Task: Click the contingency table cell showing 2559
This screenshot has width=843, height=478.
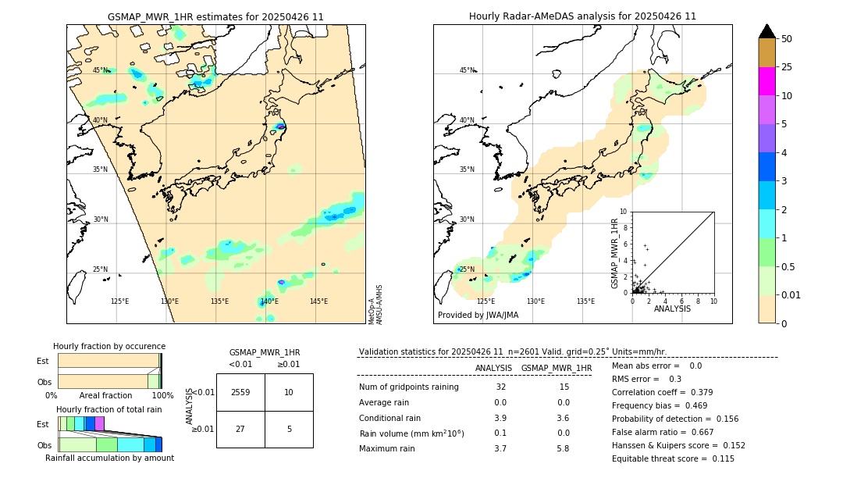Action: point(240,392)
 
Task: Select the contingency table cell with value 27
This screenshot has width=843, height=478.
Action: point(240,428)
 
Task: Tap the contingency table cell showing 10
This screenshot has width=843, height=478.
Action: point(289,392)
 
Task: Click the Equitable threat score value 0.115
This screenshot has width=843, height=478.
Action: point(722,458)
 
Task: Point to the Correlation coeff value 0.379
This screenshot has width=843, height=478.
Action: point(703,392)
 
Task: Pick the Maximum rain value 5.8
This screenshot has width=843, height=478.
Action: point(562,448)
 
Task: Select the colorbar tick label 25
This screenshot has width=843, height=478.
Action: point(787,67)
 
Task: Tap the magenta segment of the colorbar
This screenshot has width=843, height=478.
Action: point(767,81)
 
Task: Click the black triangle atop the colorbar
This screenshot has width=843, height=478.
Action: point(767,31)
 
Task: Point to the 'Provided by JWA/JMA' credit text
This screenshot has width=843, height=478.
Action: point(478,315)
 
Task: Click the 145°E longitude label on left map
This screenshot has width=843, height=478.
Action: point(318,301)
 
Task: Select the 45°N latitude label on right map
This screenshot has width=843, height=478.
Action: point(467,70)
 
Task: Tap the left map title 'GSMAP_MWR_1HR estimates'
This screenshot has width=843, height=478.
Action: point(215,16)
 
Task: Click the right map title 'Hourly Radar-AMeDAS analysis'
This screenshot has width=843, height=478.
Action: point(582,16)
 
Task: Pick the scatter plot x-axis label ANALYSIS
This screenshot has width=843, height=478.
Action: point(672,309)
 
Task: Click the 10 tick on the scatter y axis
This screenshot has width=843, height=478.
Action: point(624,211)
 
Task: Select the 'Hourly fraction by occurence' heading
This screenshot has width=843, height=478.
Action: point(109,346)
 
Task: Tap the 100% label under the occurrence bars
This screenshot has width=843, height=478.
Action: point(162,396)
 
